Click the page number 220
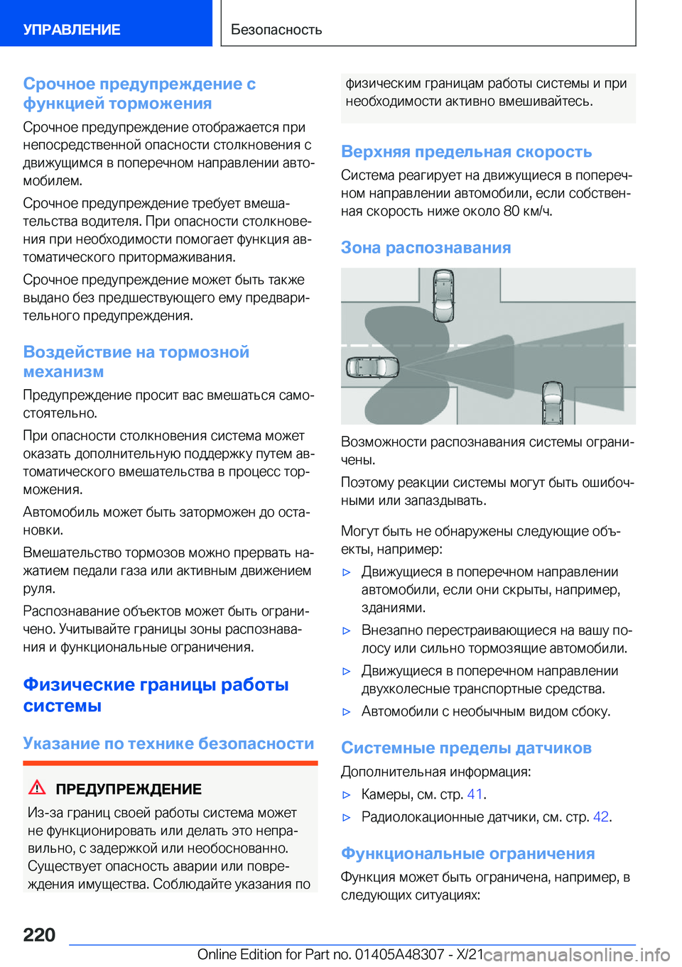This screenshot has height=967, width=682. tap(39, 935)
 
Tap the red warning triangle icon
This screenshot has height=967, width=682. tap(37, 787)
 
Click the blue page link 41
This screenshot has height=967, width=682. tap(475, 794)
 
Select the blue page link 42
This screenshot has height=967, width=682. tap(600, 817)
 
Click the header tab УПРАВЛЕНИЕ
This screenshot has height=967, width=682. tap(72, 30)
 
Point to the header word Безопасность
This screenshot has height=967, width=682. tap(276, 30)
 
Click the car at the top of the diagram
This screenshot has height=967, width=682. tap(444, 295)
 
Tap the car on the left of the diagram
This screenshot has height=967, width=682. tap(373, 367)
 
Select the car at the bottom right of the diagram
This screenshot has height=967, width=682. tap(553, 402)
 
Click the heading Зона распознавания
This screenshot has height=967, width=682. tap(426, 248)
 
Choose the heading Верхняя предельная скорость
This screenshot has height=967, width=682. tap(467, 152)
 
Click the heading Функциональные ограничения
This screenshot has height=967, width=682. tap(468, 854)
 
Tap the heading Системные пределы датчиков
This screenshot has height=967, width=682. tap(466, 748)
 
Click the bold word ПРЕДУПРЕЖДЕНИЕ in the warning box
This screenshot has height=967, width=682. tap(129, 790)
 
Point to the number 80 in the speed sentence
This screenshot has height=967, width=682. tap(511, 212)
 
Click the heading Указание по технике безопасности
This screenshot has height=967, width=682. tap(168, 744)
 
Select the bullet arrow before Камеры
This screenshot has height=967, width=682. tap(347, 795)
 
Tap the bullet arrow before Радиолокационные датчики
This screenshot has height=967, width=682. tap(347, 818)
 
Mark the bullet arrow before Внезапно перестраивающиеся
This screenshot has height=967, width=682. tap(347, 630)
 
